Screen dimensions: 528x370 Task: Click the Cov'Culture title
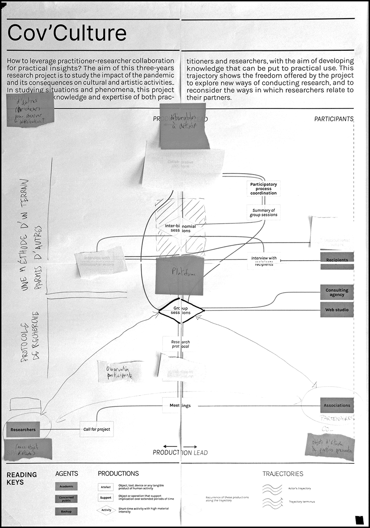(x=67, y=34)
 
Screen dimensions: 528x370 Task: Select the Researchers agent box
(x=23, y=429)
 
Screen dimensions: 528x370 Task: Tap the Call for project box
(x=97, y=429)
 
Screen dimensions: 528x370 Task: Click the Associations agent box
(x=336, y=406)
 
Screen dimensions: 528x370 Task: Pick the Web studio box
(x=336, y=310)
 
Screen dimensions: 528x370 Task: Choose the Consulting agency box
(x=336, y=292)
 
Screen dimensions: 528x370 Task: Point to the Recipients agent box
(x=336, y=259)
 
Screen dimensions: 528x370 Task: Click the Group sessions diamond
(x=181, y=311)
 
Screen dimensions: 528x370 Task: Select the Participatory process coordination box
(x=263, y=189)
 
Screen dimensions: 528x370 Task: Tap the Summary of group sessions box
(x=263, y=212)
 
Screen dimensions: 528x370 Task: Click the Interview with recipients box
(x=263, y=261)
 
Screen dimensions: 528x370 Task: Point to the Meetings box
(x=177, y=406)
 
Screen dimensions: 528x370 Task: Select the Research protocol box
(x=177, y=345)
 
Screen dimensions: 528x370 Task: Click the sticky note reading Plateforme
(x=180, y=275)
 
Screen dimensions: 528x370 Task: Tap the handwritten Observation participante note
(x=114, y=372)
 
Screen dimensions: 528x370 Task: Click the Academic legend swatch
(x=67, y=486)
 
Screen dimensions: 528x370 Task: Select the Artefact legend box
(x=105, y=487)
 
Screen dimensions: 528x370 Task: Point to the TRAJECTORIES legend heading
(x=283, y=474)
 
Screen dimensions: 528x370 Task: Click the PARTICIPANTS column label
(x=334, y=119)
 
